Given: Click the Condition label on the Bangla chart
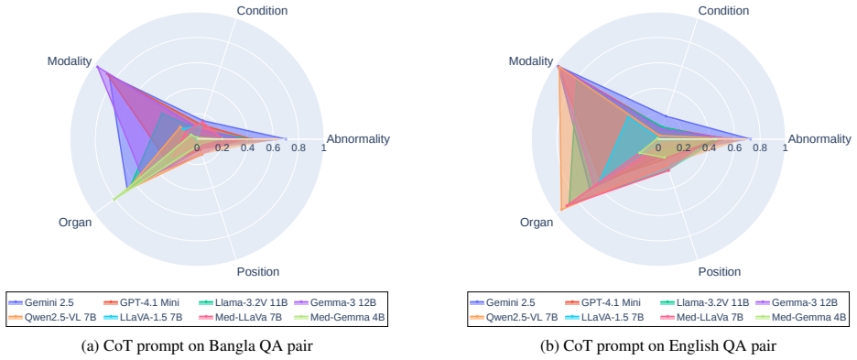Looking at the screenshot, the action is click(x=262, y=10).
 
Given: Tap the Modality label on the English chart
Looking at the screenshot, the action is click(x=531, y=61).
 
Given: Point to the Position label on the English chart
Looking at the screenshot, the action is click(x=720, y=272).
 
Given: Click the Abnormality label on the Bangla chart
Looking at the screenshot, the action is click(x=358, y=139).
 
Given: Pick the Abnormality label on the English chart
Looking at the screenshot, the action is click(x=819, y=139).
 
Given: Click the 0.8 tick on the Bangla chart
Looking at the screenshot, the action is click(x=298, y=147).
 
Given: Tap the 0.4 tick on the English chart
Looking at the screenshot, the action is click(x=709, y=147).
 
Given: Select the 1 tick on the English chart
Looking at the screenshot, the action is click(x=786, y=147).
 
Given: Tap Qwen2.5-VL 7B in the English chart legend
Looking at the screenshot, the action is click(x=515, y=317).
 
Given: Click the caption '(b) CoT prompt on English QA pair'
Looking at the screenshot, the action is click(x=658, y=345).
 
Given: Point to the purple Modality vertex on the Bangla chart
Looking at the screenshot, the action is click(x=97, y=67).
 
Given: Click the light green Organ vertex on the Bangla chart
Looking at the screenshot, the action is click(x=114, y=199).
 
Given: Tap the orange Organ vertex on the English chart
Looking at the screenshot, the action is click(x=562, y=209).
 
